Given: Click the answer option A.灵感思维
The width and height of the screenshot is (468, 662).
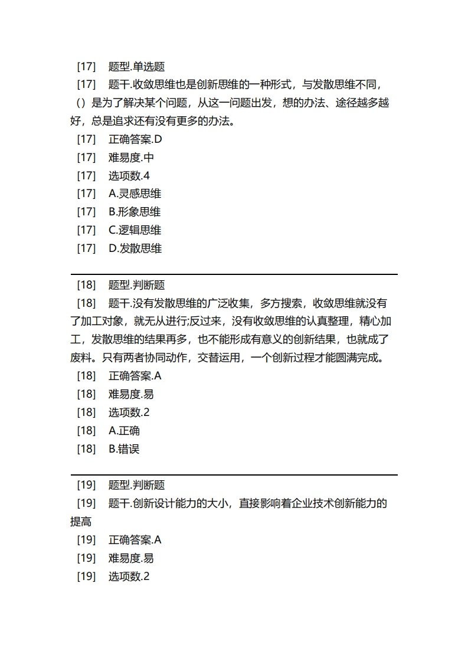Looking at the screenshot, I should pos(135,194).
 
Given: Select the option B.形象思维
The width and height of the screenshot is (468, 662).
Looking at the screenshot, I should pos(135,212).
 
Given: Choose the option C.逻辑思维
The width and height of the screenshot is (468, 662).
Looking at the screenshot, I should pos(135,230).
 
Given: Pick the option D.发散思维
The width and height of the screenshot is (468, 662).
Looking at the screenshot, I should pos(135,248).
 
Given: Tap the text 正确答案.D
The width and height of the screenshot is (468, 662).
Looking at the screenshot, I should pos(135,139).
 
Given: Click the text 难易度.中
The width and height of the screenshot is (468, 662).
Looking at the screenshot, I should pos(131,158).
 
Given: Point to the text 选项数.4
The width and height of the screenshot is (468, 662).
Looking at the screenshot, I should pos(129,176).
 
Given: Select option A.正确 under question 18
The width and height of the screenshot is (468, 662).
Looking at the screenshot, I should pos(124,431).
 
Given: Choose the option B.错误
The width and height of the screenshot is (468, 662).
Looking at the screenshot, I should pos(124,449).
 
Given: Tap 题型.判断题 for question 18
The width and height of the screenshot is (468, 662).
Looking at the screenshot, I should pos(136,285).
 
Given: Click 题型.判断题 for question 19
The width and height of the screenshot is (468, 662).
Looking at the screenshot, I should pos(136,485).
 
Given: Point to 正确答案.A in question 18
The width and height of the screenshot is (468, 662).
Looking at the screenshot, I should pos(135,376).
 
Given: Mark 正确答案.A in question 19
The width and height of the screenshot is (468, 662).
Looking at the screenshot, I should pos(135,540).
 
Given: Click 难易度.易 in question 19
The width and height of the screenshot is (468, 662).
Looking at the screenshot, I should pos(131,558).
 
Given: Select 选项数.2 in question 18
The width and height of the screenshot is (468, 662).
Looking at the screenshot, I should pos(129,412).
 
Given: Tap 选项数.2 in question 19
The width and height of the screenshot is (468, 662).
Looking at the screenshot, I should pos(129,576).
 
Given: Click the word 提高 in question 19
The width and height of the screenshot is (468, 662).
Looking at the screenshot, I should pos(81,522).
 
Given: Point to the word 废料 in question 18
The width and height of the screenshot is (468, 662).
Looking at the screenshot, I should pos(81,358).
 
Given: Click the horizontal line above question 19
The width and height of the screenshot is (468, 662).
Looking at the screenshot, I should pos(234,474).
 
